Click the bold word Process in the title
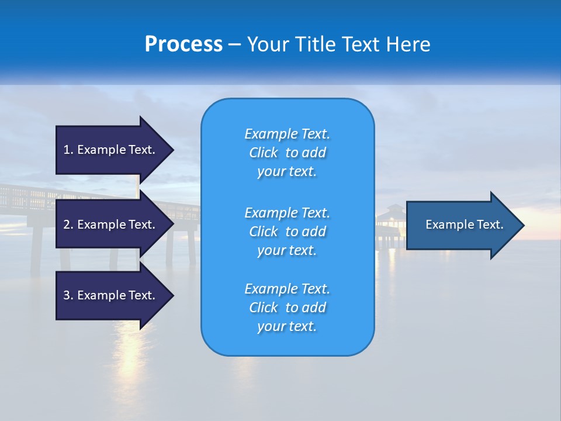183,44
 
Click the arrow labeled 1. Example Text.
111,150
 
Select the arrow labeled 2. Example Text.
111,225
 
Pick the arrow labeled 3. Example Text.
111,295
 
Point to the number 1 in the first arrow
67,150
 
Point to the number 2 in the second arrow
67,225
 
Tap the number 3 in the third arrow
67,295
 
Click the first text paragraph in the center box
287,153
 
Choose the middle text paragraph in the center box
287,232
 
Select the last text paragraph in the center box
287,308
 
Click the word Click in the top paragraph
263,153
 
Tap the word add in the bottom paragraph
314,308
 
